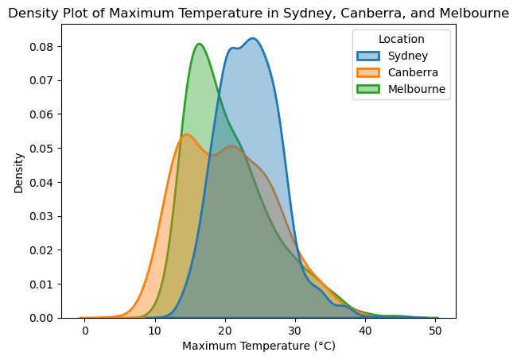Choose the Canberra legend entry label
coord(412,72)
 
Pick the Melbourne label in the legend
coord(417,89)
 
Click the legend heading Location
coord(401,39)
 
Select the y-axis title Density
coord(18,172)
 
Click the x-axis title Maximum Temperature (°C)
coord(258,346)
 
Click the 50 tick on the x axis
coord(435,330)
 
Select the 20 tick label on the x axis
coord(225,330)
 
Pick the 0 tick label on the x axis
coord(85,330)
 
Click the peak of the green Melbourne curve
coord(199,44)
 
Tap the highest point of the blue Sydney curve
coord(253,38)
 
